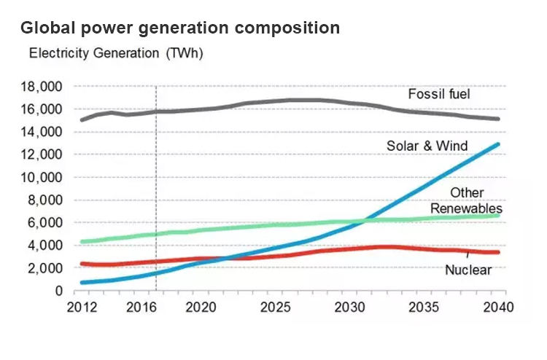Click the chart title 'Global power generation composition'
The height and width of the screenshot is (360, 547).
coord(179,28)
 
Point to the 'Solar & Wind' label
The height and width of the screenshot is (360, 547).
coord(427,146)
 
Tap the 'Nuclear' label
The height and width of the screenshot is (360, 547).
coord(468,270)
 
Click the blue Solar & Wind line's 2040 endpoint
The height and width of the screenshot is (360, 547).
coord(498,144)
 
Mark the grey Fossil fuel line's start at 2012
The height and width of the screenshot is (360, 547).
coord(82,120)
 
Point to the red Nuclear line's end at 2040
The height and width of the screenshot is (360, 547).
coord(498,252)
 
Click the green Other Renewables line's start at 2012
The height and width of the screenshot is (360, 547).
coord(82,242)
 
